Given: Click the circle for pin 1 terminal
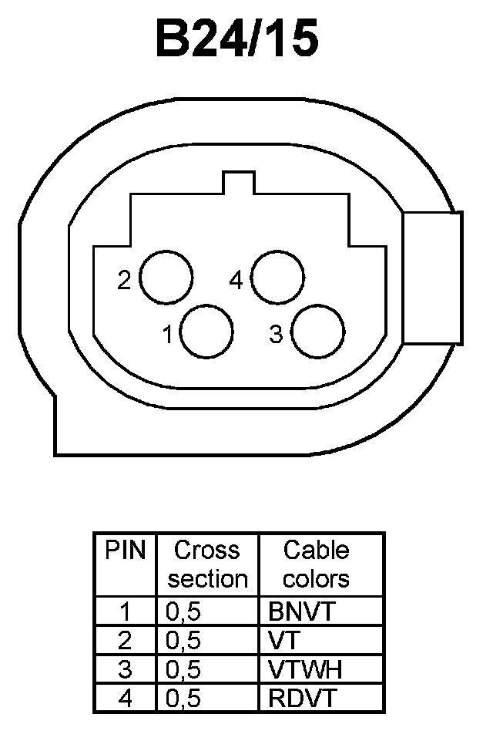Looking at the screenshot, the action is [x=206, y=332].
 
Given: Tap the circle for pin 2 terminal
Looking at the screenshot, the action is [x=166, y=278].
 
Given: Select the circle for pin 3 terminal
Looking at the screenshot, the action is [x=319, y=332].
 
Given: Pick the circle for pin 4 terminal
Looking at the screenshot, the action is [x=277, y=278].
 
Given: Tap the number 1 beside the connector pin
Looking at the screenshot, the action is [x=167, y=335].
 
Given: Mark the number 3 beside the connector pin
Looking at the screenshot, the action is [x=275, y=334].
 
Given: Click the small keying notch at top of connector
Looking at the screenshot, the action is [x=237, y=184].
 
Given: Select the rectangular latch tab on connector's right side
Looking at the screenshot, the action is [x=431, y=278].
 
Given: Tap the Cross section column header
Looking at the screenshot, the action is [x=207, y=564].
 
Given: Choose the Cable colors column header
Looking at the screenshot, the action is [x=317, y=564].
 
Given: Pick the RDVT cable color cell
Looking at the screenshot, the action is [x=303, y=698].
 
